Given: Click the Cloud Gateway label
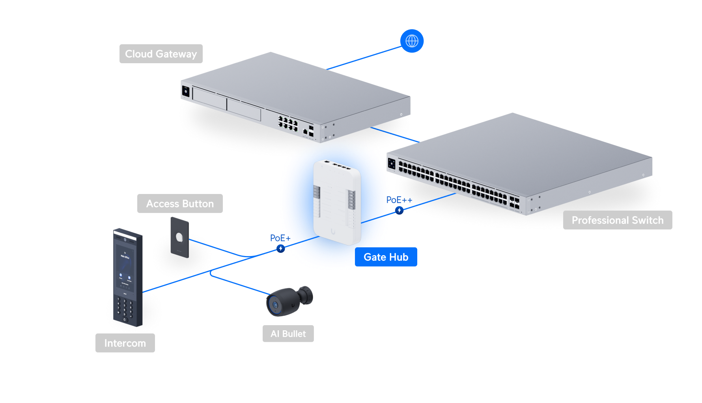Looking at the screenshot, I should pyautogui.click(x=161, y=54).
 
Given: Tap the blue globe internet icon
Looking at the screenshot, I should pyautogui.click(x=412, y=41).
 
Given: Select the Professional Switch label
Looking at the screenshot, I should pyautogui.click(x=617, y=220).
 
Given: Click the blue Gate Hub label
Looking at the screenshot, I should pyautogui.click(x=386, y=257).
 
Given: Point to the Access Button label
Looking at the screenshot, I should pyautogui.click(x=180, y=203).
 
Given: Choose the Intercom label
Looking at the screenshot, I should pyautogui.click(x=125, y=343).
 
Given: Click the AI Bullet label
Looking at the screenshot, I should pyautogui.click(x=288, y=334).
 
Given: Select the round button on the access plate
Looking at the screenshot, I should pyautogui.click(x=179, y=237).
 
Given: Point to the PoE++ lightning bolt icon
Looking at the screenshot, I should pyautogui.click(x=399, y=210).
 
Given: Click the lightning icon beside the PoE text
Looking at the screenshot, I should pyautogui.click(x=280, y=249).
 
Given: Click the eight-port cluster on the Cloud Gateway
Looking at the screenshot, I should pyautogui.click(x=288, y=123).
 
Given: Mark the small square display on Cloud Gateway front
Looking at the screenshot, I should pyautogui.click(x=186, y=91).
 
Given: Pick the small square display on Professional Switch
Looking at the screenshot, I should pyautogui.click(x=392, y=163).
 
